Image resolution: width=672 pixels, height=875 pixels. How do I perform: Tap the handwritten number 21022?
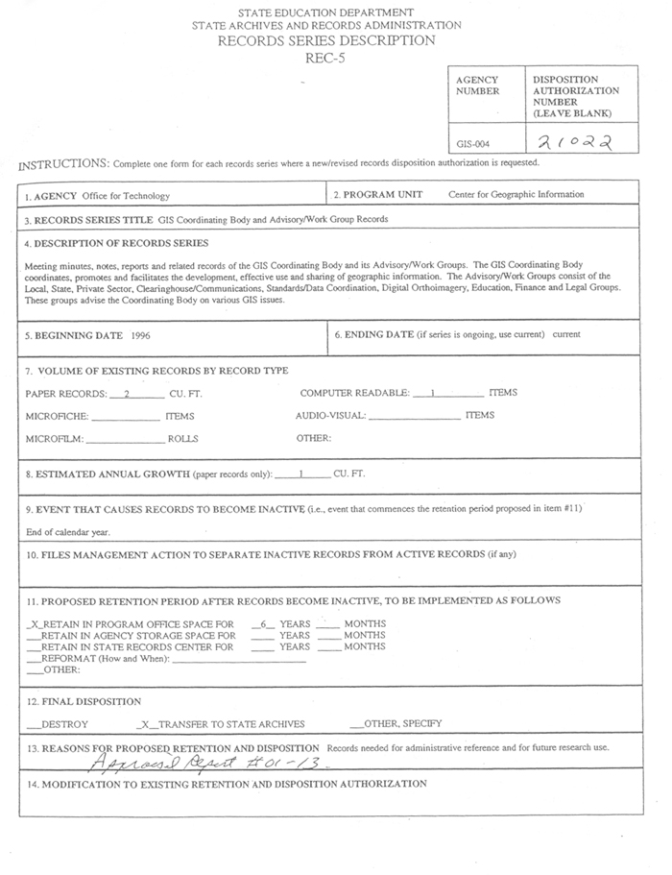pos(574,142)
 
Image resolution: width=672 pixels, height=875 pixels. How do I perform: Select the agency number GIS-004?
pos(473,144)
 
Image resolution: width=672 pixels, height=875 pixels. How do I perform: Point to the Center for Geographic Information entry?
pos(516,194)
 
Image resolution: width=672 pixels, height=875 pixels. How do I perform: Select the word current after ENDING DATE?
pos(566,334)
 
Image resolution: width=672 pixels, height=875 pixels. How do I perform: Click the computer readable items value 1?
pos(434,393)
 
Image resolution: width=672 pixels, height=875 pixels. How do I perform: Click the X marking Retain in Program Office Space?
pos(35,624)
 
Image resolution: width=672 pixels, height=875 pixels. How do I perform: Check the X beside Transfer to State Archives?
pos(144,724)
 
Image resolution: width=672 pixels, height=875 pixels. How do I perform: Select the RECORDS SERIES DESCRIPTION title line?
pos(325,40)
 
